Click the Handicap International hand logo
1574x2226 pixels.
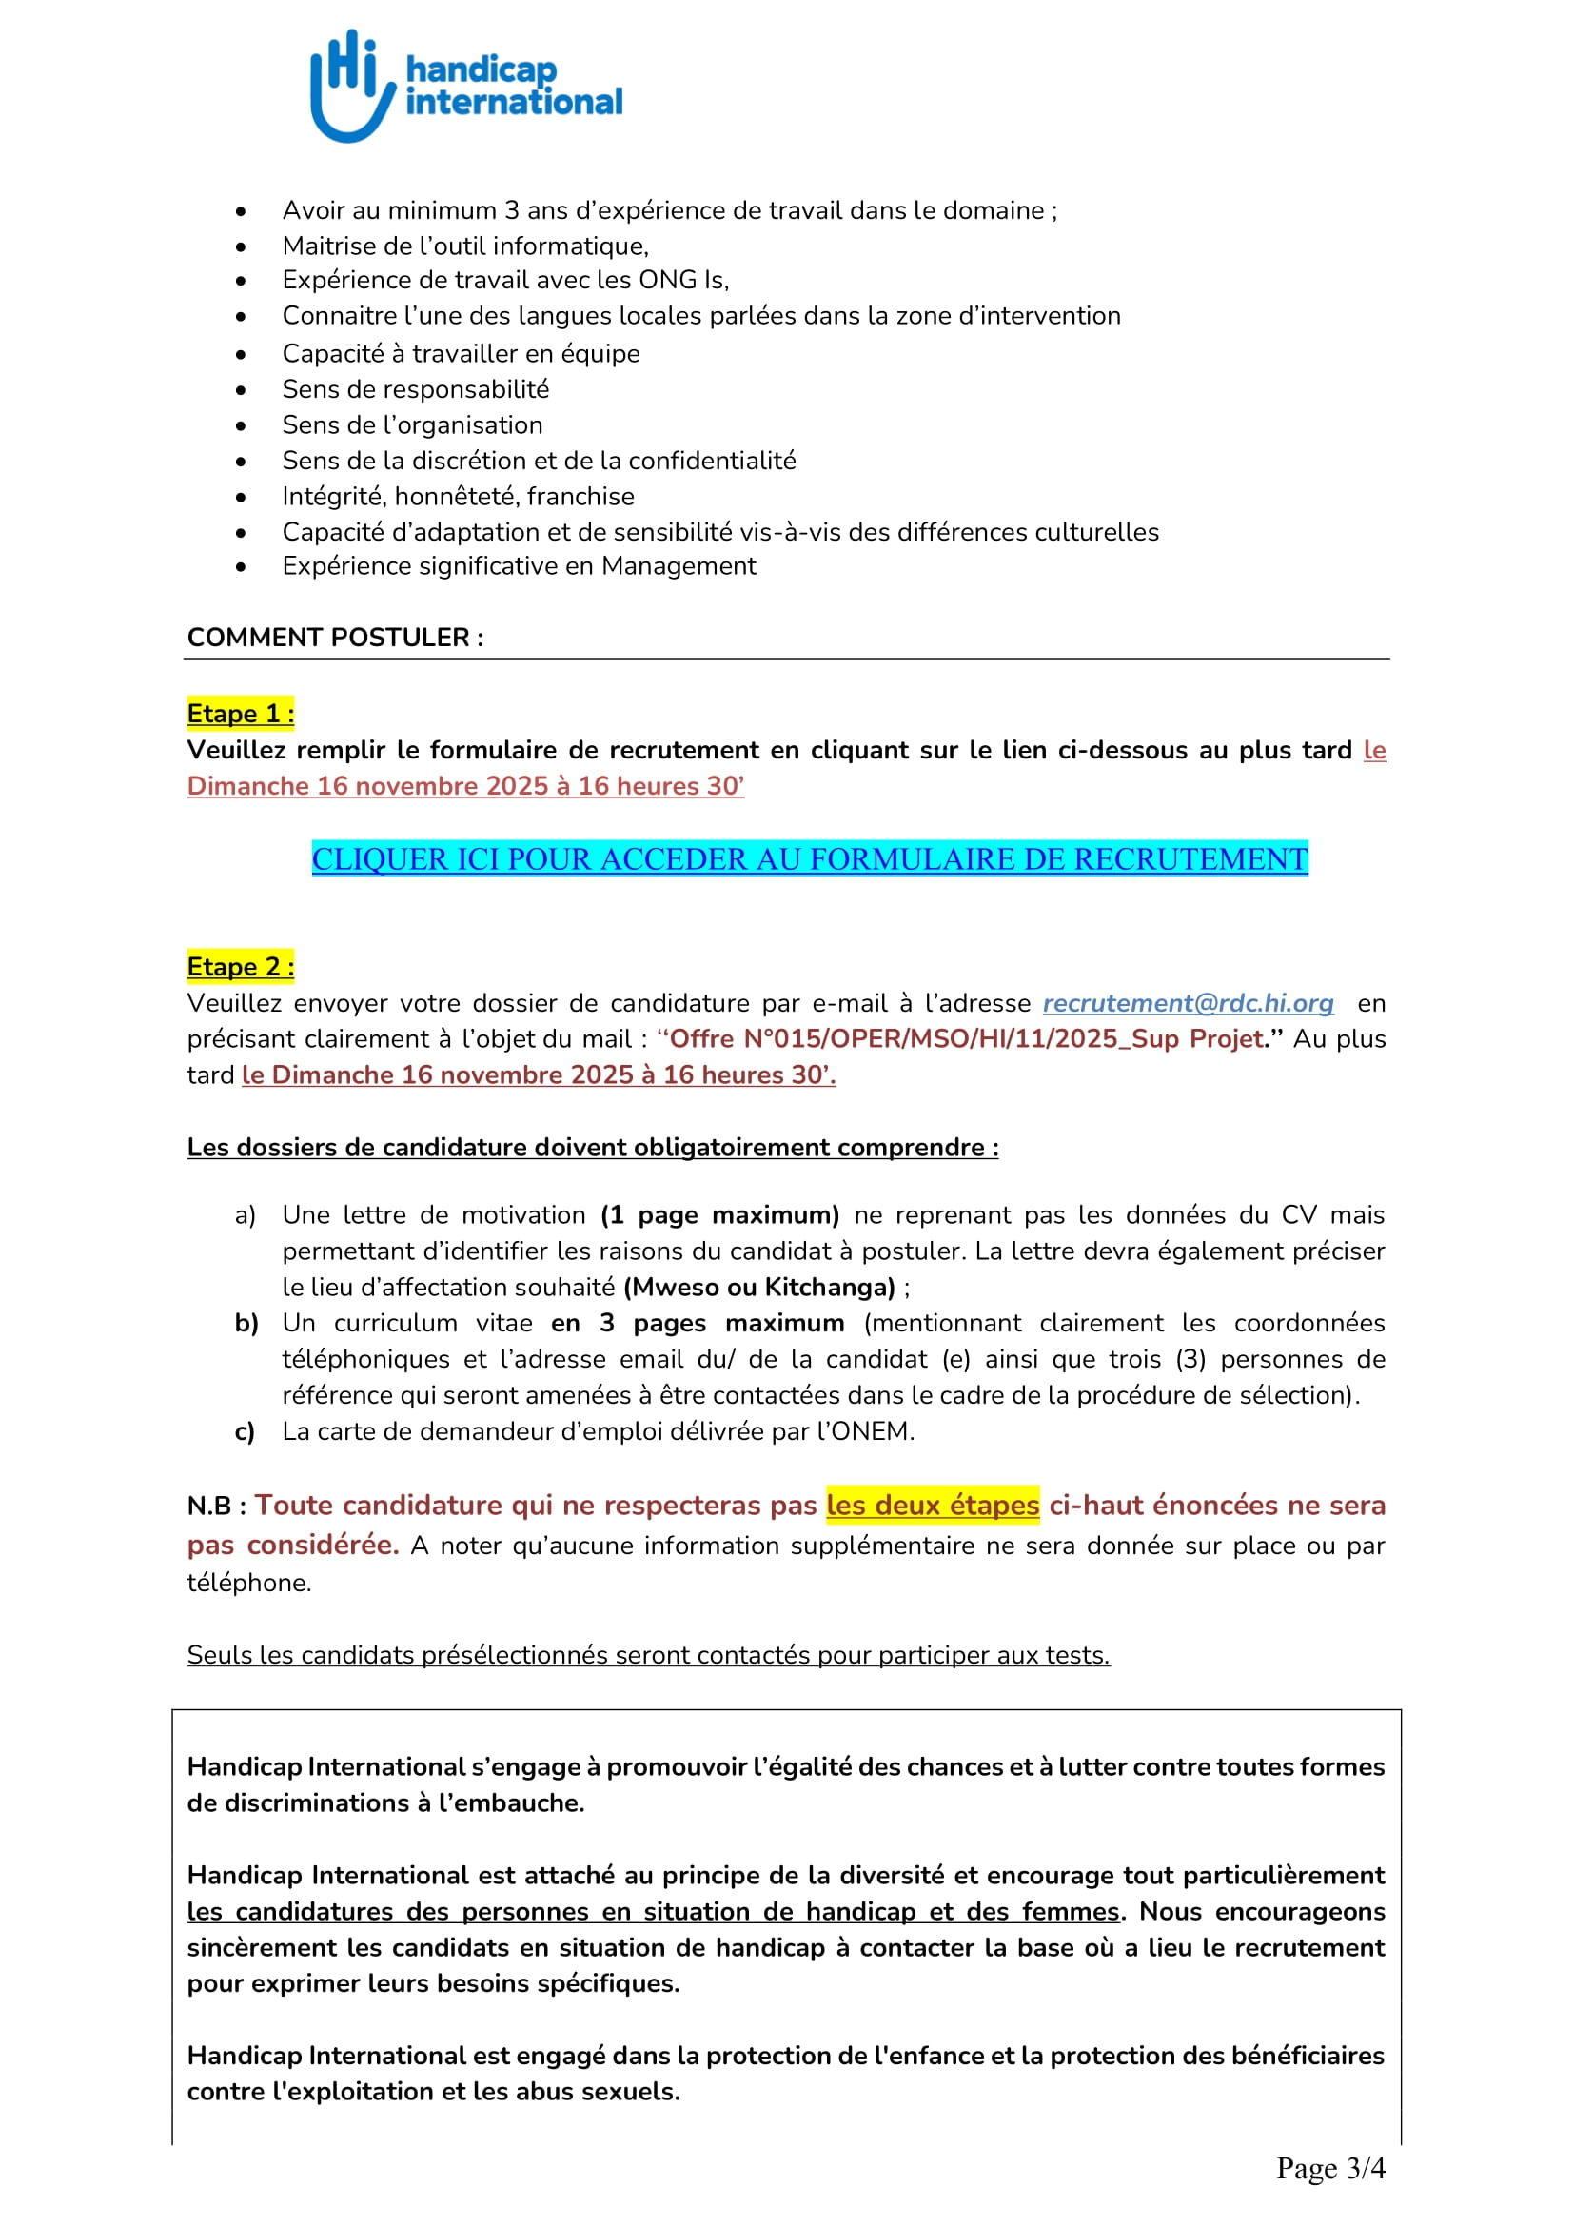click(351, 86)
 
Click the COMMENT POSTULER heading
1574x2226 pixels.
click(334, 637)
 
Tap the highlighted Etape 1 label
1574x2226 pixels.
click(241, 714)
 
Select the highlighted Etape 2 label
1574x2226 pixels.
click(241, 967)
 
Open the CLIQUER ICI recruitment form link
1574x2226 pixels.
click(809, 859)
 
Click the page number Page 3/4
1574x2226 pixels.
click(1329, 2168)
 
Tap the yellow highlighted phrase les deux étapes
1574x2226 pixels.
click(933, 1505)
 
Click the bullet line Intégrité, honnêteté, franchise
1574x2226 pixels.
click(458, 497)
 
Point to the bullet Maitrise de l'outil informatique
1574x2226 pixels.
click(465, 246)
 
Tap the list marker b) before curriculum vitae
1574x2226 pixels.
click(246, 1324)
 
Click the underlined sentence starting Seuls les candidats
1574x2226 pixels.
click(647, 1655)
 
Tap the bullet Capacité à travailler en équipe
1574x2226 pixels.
click(461, 354)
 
